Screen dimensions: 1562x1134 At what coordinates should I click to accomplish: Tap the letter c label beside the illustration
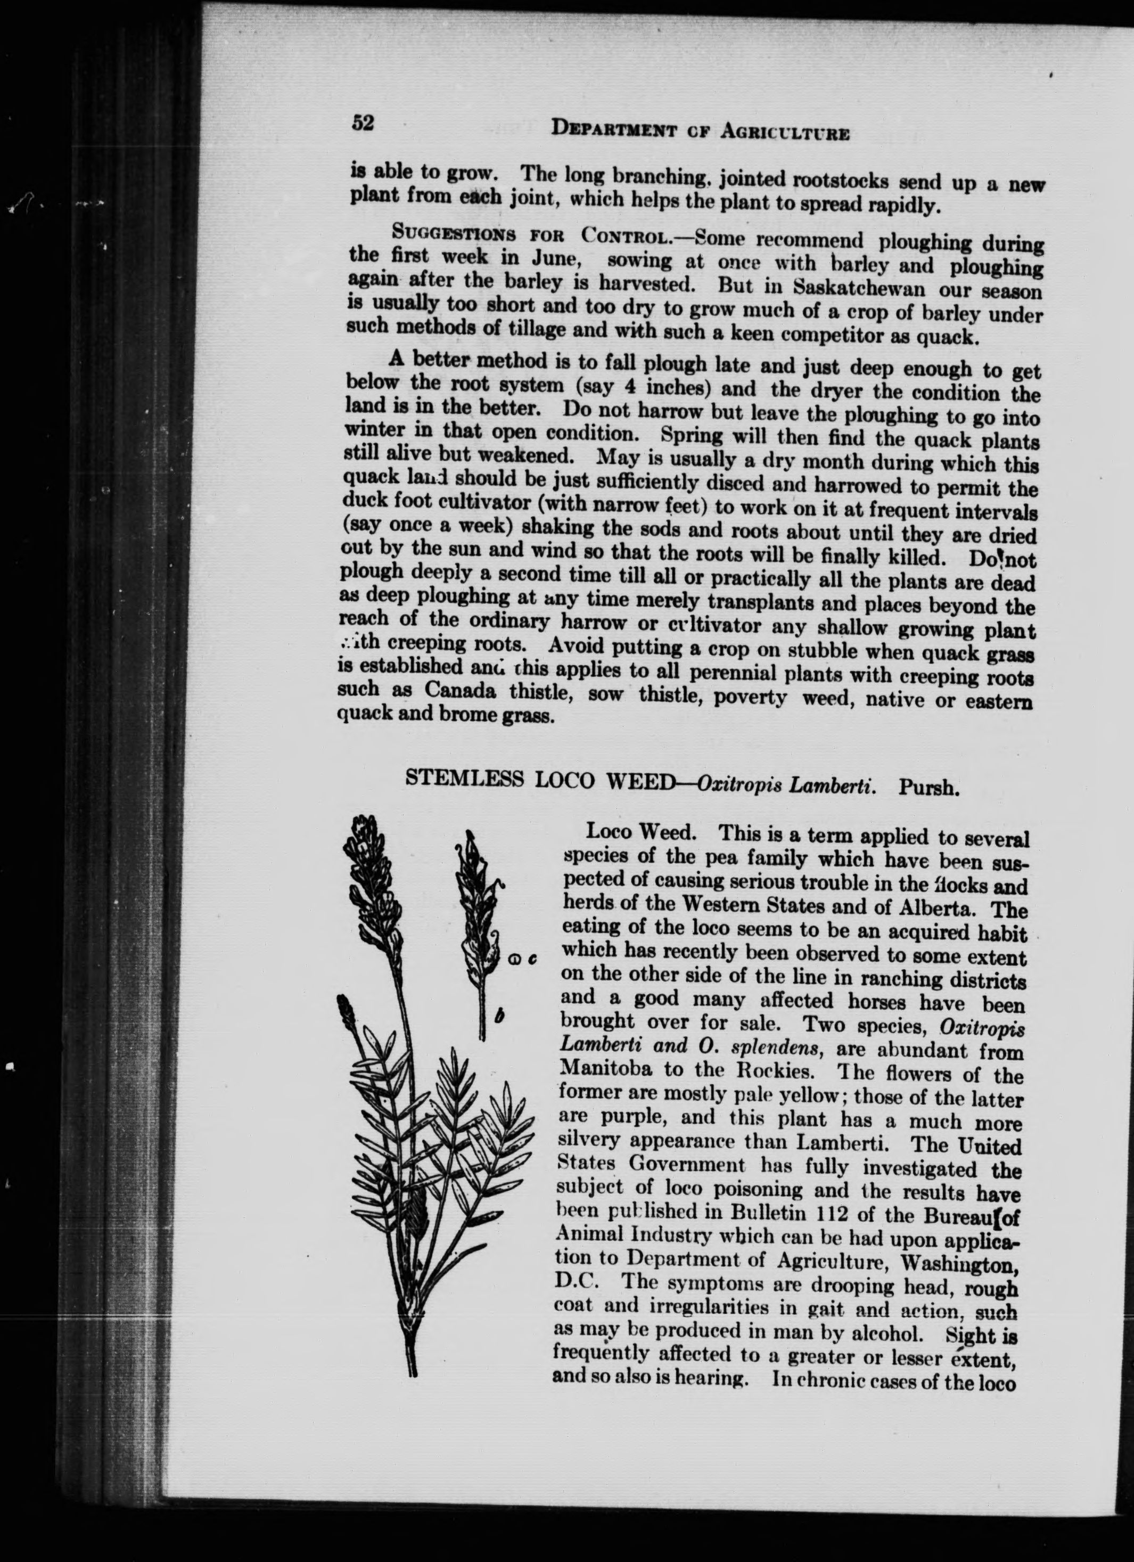(x=533, y=959)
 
